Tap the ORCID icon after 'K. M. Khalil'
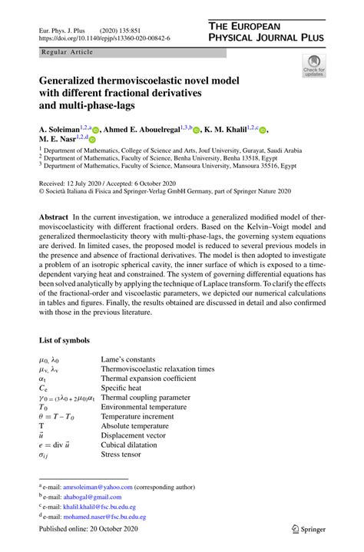(x=263, y=131)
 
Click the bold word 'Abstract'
(x=55, y=219)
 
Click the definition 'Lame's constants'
(x=127, y=359)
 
